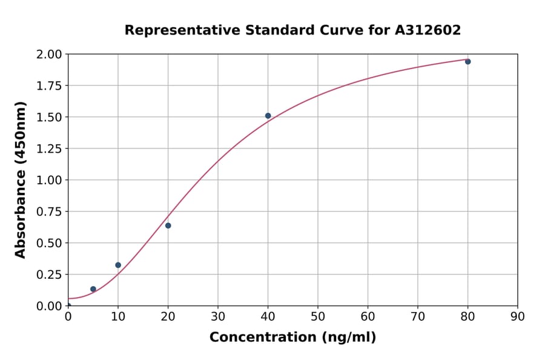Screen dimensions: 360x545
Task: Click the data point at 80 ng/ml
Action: [467, 62]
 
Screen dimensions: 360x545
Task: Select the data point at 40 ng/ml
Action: [268, 116]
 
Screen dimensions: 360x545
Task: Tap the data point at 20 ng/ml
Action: [168, 225]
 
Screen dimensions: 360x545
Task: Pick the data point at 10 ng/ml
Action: [118, 265]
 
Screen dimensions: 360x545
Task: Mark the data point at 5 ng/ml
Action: [93, 289]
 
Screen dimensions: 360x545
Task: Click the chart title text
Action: [292, 30]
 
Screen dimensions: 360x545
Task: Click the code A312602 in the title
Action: [428, 30]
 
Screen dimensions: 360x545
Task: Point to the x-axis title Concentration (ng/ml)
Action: [292, 338]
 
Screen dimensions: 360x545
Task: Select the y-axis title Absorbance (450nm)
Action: [21, 180]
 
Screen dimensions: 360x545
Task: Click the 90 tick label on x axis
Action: [518, 316]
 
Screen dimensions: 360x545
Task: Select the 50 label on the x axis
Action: [318, 316]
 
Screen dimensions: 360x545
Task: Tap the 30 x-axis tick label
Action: [218, 316]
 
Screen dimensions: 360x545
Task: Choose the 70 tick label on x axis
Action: [418, 316]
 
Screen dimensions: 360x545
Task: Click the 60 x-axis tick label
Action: [368, 316]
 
